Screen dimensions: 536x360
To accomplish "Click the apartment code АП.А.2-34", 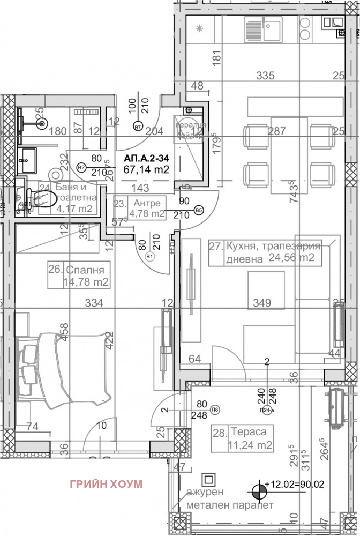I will [x=146, y=159].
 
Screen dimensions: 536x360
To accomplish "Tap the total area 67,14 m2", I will [x=146, y=170].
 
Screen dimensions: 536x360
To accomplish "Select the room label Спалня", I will [x=87, y=269].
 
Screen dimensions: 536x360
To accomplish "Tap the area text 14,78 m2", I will [x=87, y=282].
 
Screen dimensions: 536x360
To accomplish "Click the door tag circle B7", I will [x=138, y=128].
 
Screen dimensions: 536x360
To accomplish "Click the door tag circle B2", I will [x=82, y=167].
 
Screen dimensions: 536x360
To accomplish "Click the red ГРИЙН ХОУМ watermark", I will [x=106, y=484].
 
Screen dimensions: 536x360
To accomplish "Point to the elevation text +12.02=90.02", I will [x=301, y=484].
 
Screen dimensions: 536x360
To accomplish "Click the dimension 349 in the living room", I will [x=262, y=303].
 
